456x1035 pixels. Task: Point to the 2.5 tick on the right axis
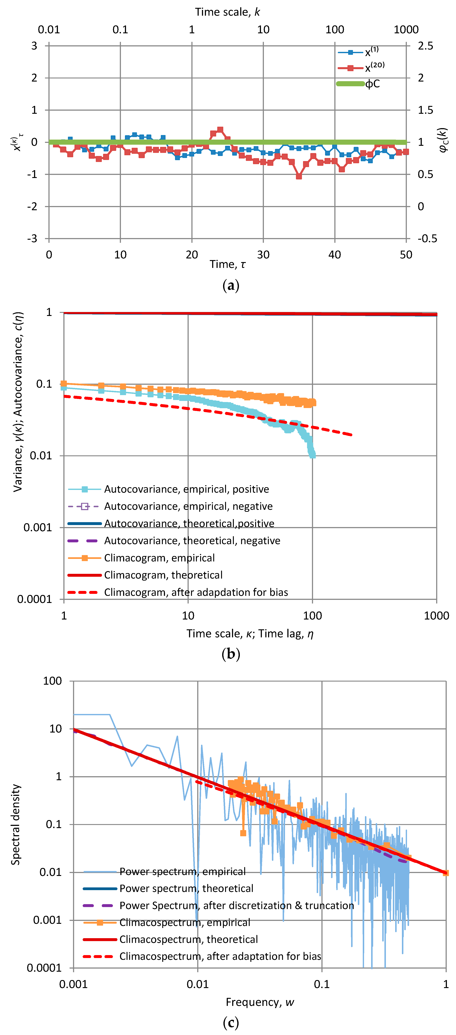pyautogui.click(x=425, y=46)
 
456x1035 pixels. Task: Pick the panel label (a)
pyautogui.click(x=230, y=286)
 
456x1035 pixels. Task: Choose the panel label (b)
pyautogui.click(x=230, y=654)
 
